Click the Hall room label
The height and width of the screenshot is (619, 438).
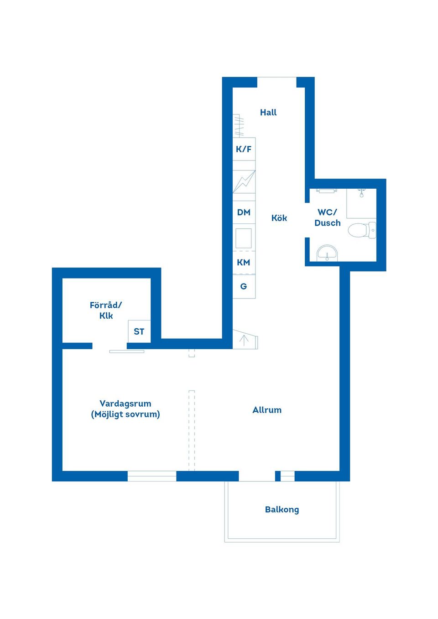click(268, 112)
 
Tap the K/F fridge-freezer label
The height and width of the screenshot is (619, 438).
click(244, 149)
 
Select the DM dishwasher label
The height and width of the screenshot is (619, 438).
click(244, 212)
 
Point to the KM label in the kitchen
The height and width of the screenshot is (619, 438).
click(244, 262)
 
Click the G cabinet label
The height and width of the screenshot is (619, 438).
click(244, 286)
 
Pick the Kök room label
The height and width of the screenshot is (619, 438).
click(279, 218)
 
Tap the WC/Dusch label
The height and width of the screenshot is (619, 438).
click(328, 217)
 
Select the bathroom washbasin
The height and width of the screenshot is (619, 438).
click(327, 253)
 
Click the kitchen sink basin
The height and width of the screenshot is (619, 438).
click(244, 238)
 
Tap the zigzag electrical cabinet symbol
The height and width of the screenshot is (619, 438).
click(244, 182)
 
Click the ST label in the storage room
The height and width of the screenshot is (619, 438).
click(139, 331)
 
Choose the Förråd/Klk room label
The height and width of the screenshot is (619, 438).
click(106, 310)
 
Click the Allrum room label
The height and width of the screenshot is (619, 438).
click(267, 410)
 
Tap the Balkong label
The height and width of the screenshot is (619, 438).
click(282, 509)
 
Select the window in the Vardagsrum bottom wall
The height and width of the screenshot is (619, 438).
click(151, 476)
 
